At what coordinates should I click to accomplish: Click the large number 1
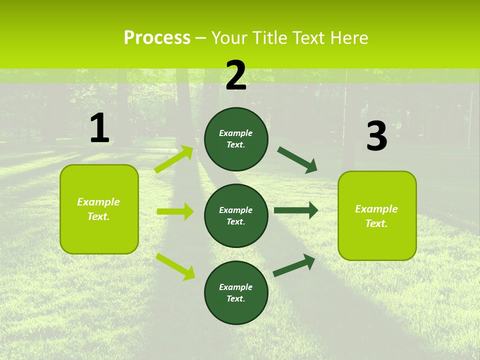click(99, 128)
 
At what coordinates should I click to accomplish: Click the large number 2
click(236, 75)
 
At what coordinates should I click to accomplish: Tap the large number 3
click(376, 136)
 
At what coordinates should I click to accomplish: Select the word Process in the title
click(157, 37)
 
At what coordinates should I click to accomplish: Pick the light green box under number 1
click(99, 208)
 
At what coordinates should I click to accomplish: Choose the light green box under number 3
click(377, 215)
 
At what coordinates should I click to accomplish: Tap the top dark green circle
click(236, 139)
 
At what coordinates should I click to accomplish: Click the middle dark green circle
click(236, 215)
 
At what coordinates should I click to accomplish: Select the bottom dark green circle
click(236, 292)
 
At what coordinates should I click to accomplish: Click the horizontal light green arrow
click(175, 211)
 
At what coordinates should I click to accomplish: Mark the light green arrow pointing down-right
click(175, 266)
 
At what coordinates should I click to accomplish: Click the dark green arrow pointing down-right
click(297, 160)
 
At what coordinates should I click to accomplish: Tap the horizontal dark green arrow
click(296, 210)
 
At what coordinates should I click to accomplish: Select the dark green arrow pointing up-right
click(294, 265)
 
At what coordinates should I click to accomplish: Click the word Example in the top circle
click(235, 133)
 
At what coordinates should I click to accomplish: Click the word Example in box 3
click(376, 209)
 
